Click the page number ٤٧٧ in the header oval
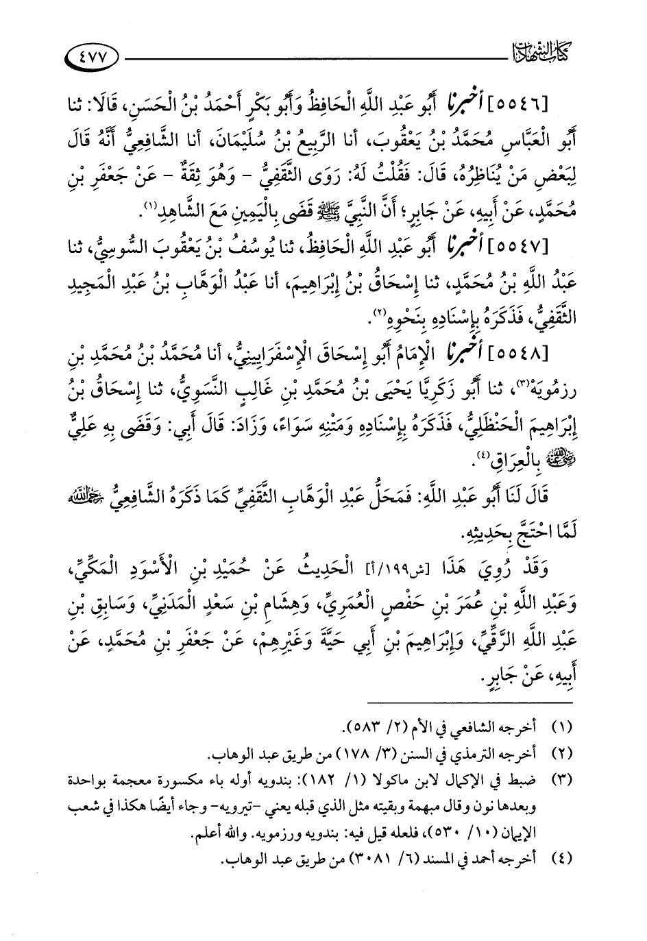click(x=94, y=56)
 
